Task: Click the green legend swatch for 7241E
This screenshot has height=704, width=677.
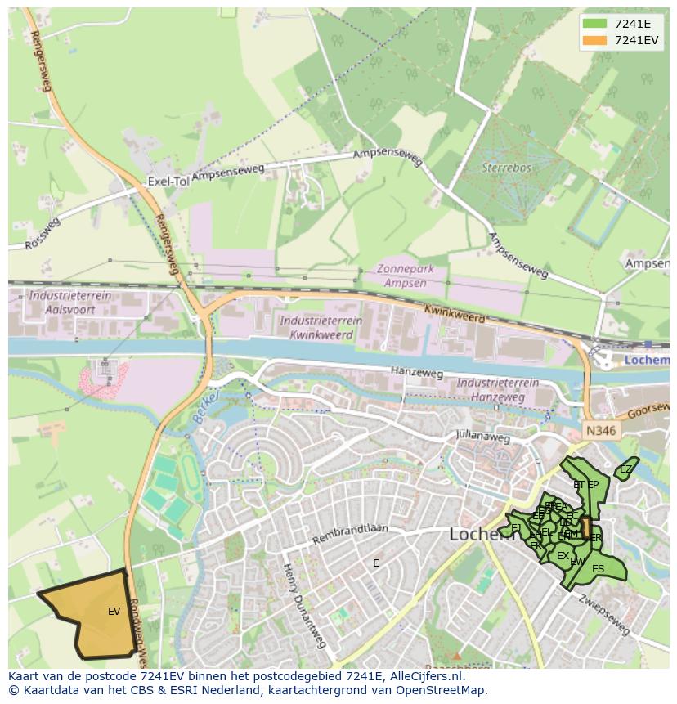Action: [594, 24]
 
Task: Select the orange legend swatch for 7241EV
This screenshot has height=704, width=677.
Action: [594, 40]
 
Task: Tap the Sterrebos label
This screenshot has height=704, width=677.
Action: [506, 168]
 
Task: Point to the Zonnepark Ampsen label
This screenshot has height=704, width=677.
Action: [412, 276]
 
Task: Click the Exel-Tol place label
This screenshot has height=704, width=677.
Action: [168, 181]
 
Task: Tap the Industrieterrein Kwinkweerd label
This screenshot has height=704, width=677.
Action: [316, 327]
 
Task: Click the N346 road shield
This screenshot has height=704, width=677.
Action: [602, 429]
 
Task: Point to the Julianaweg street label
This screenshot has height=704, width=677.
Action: [484, 437]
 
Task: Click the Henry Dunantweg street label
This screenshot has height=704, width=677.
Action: [303, 604]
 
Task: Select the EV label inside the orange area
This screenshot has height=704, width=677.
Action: [114, 611]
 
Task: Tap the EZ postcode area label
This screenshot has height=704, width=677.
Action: [625, 469]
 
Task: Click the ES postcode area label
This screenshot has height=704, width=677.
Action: [598, 569]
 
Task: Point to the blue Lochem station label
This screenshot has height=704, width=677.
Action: [646, 360]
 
